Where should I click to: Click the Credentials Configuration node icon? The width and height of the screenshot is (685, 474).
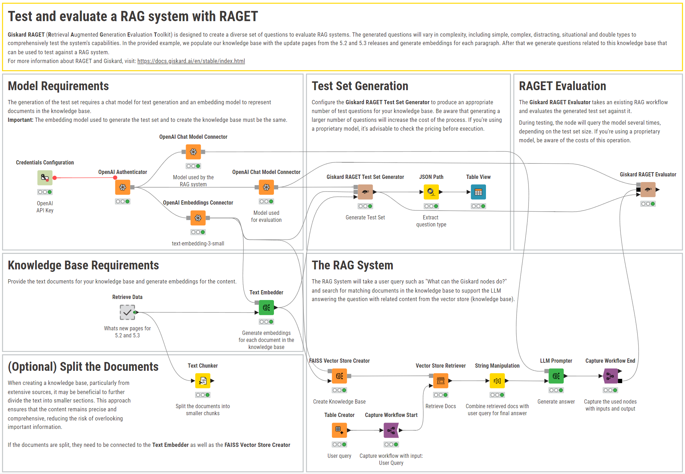[x=45, y=177]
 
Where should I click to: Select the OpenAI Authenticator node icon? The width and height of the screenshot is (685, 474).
[x=123, y=187]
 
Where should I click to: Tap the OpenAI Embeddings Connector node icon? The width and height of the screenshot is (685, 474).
[x=198, y=218]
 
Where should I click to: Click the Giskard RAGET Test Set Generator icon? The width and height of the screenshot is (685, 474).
[x=365, y=192]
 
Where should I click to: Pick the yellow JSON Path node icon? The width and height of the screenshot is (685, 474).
[x=431, y=192]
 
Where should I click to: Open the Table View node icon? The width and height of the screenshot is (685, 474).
[x=478, y=192]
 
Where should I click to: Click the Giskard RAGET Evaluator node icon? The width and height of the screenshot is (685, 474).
[x=648, y=189]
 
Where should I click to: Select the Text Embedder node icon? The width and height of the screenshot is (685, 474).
[x=266, y=308]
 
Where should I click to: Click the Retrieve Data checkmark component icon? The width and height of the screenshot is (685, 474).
[x=127, y=312]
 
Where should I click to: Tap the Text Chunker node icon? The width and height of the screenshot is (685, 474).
[x=203, y=381]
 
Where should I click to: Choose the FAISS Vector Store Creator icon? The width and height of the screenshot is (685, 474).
[x=339, y=376]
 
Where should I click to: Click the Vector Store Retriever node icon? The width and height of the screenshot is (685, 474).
[x=440, y=381]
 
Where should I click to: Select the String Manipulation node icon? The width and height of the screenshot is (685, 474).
[x=497, y=381]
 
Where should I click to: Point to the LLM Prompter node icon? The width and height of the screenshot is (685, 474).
[x=556, y=376]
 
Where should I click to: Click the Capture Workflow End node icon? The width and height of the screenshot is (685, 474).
[x=610, y=376]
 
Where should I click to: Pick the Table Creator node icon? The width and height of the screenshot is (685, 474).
[x=339, y=430]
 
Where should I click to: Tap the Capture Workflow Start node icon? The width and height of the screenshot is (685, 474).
[x=391, y=430]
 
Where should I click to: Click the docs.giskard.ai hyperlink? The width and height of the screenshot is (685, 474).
[x=191, y=61]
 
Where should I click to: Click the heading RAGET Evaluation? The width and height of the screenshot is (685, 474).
[x=562, y=86]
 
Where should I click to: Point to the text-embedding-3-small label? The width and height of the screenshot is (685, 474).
[x=198, y=243]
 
